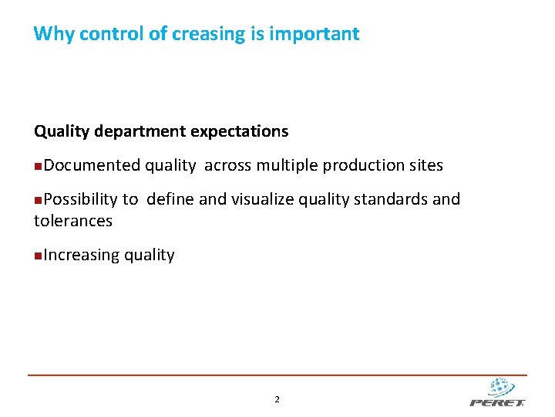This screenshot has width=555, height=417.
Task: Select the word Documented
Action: (x=92, y=165)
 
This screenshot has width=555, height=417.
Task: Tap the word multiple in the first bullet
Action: (x=288, y=165)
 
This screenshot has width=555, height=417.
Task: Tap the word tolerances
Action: (x=73, y=221)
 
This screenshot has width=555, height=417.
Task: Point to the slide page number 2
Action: (x=277, y=399)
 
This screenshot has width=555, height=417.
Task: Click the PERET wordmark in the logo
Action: (x=497, y=402)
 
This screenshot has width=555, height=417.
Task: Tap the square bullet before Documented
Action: (x=39, y=166)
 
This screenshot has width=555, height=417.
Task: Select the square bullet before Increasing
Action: (x=39, y=256)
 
